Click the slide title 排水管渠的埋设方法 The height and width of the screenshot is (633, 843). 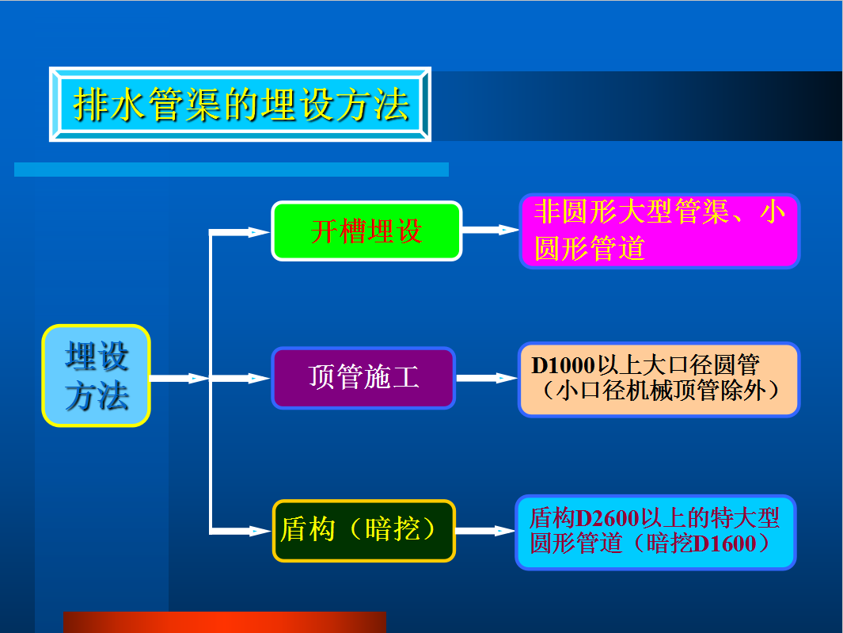[x=241, y=105]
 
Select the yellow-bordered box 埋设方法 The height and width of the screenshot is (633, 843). [x=97, y=376]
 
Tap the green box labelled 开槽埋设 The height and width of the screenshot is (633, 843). [x=366, y=231]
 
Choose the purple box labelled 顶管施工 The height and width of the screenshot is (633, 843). [x=363, y=378]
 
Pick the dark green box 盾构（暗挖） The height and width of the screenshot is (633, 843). [x=364, y=531]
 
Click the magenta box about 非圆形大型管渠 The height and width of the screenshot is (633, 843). [x=659, y=231]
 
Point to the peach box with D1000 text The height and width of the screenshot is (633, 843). [x=659, y=379]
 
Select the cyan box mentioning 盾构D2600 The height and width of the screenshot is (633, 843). [x=656, y=532]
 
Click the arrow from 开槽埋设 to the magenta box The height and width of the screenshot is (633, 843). [x=490, y=231]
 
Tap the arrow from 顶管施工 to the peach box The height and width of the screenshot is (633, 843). [x=487, y=379]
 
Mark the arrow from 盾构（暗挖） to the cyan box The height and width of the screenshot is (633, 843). [x=485, y=532]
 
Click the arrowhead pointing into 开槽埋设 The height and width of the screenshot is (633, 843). [x=260, y=232]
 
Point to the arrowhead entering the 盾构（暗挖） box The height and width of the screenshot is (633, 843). [x=260, y=532]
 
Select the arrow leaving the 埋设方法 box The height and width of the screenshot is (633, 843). [x=180, y=379]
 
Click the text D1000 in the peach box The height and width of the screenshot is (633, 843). [x=563, y=365]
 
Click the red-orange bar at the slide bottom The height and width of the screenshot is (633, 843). [x=225, y=622]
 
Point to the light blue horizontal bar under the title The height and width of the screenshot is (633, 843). [x=231, y=170]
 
